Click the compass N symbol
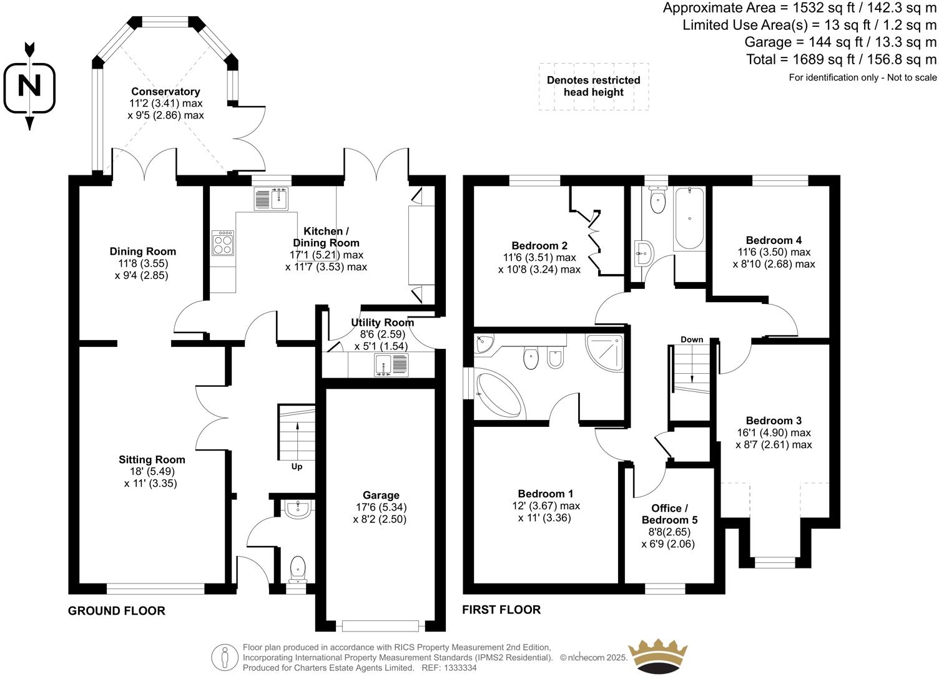(x=29, y=85)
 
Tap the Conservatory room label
(x=165, y=92)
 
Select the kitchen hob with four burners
(x=224, y=243)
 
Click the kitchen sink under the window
(x=271, y=199)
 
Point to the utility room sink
(x=391, y=364)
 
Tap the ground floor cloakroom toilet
(x=298, y=569)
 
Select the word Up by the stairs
(x=297, y=466)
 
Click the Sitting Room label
(x=152, y=460)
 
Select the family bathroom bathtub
(x=689, y=218)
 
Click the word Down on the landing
(x=692, y=339)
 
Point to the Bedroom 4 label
(x=774, y=240)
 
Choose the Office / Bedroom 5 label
(x=669, y=514)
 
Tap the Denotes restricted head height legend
(x=594, y=86)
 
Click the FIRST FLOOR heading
(x=501, y=610)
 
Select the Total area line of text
(x=842, y=60)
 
